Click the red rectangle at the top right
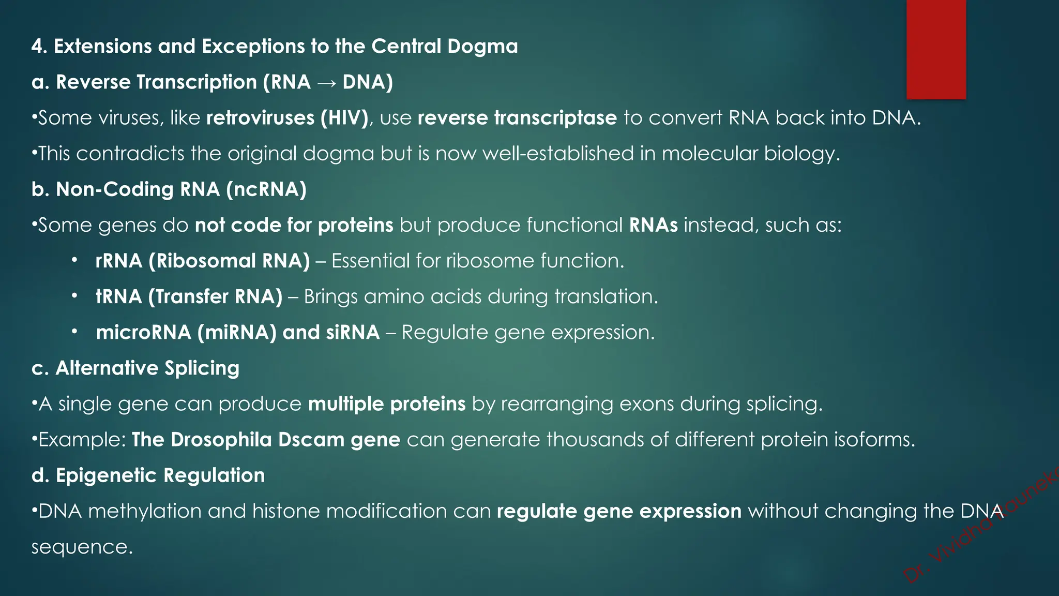tap(936, 49)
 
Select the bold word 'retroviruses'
tap(260, 118)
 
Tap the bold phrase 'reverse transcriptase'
tap(517, 118)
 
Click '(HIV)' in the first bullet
tap(344, 118)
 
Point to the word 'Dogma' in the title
tap(482, 47)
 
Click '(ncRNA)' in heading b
tap(266, 189)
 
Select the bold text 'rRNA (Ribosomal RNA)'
tap(202, 261)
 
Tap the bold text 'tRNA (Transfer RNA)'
tap(189, 296)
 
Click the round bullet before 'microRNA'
tap(75, 332)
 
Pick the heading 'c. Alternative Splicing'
tap(135, 368)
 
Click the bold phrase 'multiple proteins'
tap(387, 404)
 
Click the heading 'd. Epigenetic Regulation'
tap(148, 475)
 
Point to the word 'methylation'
tap(145, 511)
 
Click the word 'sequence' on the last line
tap(82, 547)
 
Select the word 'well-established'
tap(558, 154)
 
